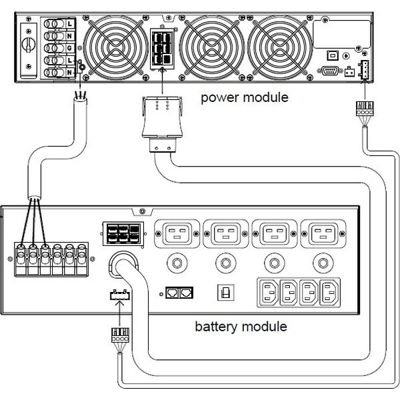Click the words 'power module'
245,97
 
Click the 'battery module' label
241,327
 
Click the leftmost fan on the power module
121,48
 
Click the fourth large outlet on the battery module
323,234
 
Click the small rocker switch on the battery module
225,292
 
